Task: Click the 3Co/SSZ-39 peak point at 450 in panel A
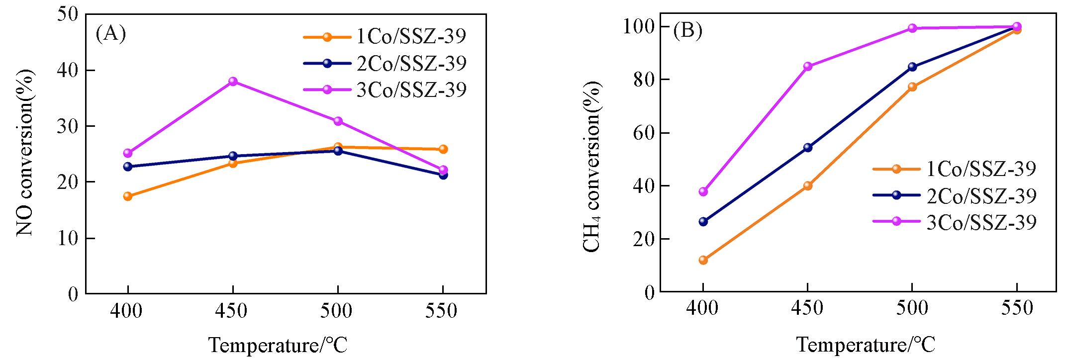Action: click(233, 82)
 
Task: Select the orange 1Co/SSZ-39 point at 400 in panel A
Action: click(128, 196)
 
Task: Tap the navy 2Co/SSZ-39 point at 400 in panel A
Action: click(128, 167)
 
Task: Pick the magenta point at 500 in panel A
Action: click(338, 121)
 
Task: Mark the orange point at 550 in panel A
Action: click(443, 149)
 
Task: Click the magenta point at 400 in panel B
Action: click(703, 191)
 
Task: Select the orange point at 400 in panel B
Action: click(703, 260)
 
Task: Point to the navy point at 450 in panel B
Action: click(808, 148)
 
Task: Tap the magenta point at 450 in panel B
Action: click(808, 66)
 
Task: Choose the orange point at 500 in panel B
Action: click(912, 87)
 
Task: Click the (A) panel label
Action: click(110, 33)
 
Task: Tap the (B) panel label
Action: click(687, 31)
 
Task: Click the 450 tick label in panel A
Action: click(233, 312)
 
